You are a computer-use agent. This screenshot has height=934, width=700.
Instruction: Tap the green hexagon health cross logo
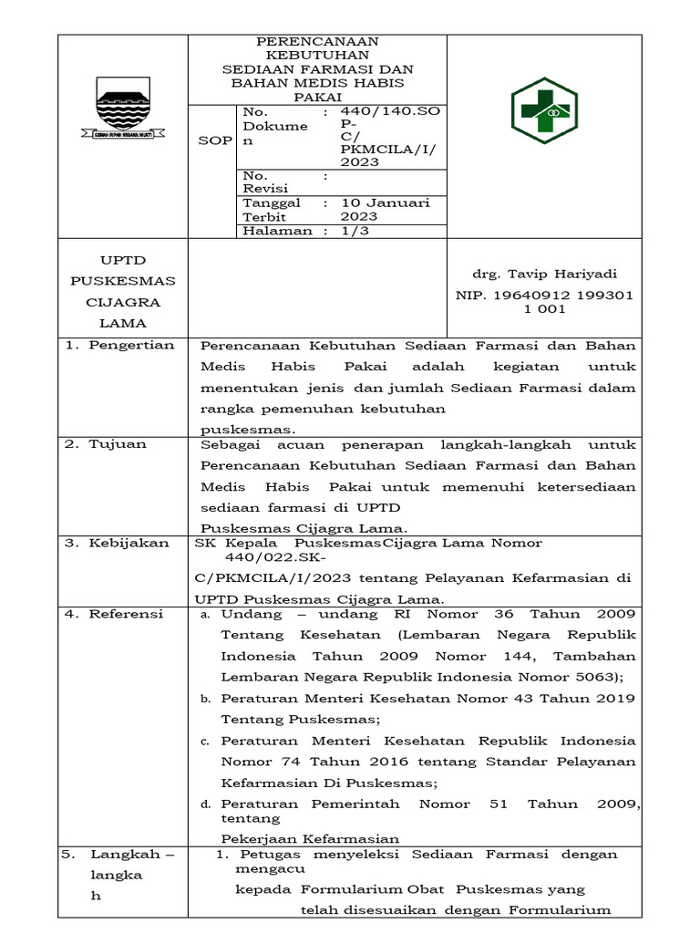coord(543,110)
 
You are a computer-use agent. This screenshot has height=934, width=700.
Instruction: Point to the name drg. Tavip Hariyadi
coord(544,274)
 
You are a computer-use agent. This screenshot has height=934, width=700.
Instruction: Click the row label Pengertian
coord(131,345)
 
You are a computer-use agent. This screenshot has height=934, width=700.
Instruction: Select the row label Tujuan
coord(118,444)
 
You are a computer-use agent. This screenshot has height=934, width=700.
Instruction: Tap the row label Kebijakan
coord(129,543)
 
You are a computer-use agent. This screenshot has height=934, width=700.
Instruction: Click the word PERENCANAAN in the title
coord(317,41)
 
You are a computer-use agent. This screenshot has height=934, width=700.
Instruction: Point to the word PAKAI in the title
coord(317,96)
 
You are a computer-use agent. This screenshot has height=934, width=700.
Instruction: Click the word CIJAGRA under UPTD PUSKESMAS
coord(122,302)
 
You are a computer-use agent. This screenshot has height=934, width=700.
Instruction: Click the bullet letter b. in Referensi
coord(206,699)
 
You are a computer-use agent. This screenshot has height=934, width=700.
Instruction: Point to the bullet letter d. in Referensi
coord(206,804)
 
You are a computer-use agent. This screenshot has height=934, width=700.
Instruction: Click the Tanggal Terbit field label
coord(272,210)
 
